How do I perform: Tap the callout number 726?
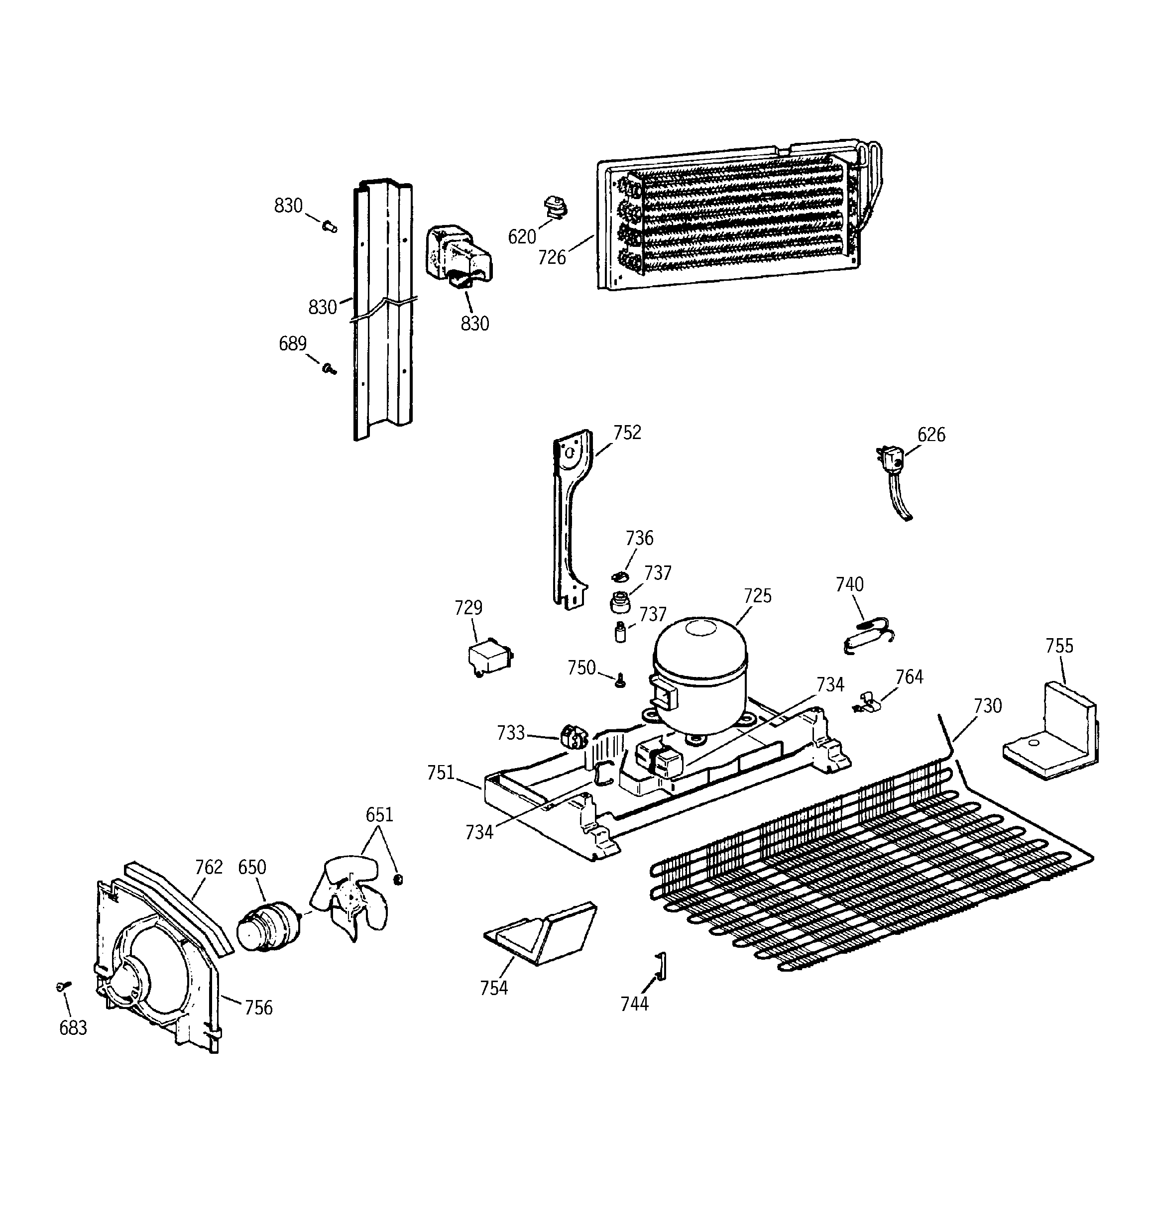[552, 257]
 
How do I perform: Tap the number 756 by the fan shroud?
[258, 1008]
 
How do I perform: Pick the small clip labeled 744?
[661, 967]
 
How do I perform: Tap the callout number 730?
[988, 705]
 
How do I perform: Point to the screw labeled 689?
[329, 369]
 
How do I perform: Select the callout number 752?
[627, 433]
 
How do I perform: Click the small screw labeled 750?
[620, 681]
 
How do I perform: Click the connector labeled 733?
[574, 738]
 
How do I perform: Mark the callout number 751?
[441, 773]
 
